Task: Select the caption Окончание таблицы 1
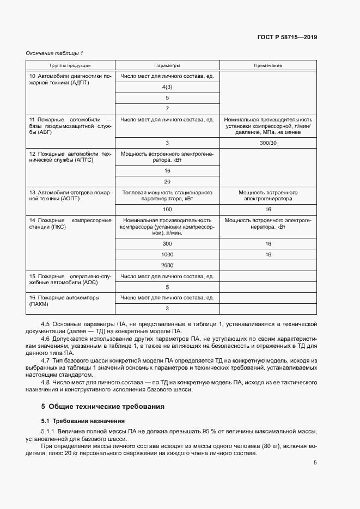tap(54, 53)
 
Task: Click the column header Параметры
tap(167, 65)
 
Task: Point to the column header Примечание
tap(268, 65)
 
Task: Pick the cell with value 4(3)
tap(167, 87)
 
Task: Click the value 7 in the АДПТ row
tap(167, 108)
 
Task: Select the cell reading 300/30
tap(268, 143)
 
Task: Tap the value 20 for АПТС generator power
tap(167, 182)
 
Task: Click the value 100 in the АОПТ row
tap(167, 209)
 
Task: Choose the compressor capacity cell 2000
tap(167, 265)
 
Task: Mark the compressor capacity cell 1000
tap(167, 254)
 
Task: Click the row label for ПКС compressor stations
tap(70, 224)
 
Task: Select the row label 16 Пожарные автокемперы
tap(70, 301)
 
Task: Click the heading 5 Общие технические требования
tap(102, 406)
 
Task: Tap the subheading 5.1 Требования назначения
tap(84, 421)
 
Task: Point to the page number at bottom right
tap(315, 463)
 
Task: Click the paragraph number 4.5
tap(46, 324)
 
